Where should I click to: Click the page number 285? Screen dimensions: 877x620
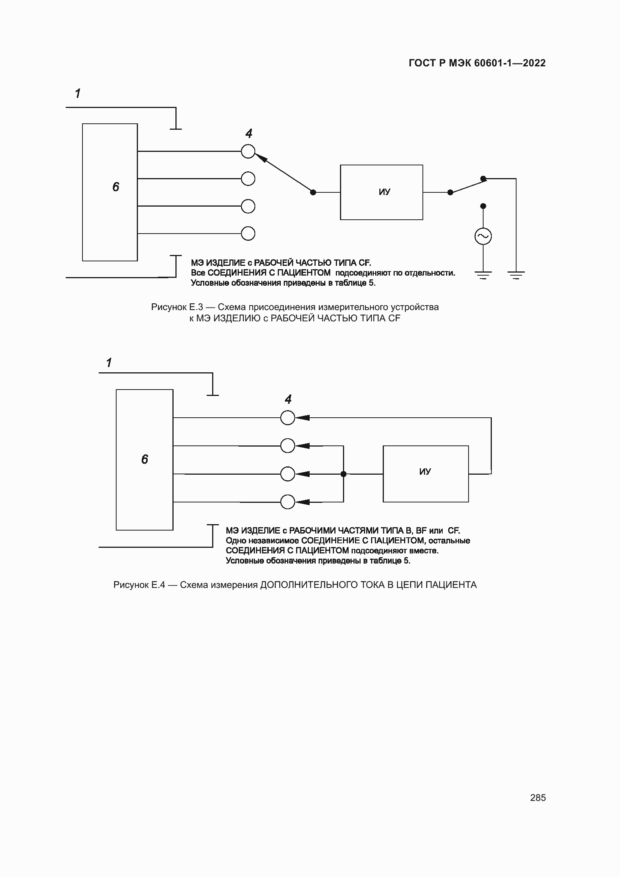[x=538, y=797]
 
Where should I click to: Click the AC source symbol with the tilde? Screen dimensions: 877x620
[x=483, y=236]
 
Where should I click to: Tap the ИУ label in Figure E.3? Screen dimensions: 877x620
[x=384, y=192]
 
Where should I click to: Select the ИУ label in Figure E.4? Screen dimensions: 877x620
[x=425, y=472]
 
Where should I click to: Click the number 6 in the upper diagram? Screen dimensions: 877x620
[x=116, y=187]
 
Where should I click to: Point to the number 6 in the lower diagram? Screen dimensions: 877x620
[x=145, y=459]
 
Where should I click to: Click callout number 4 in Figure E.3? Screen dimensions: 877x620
[x=249, y=134]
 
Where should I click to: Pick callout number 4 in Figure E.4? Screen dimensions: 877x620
[x=288, y=400]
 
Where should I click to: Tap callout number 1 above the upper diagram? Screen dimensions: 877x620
[x=78, y=94]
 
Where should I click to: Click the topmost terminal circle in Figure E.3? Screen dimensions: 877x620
[x=248, y=151]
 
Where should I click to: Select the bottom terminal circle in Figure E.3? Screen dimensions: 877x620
[x=248, y=233]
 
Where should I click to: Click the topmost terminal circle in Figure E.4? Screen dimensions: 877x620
[x=288, y=418]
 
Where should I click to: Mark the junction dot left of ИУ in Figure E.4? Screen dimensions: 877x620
[x=343, y=474]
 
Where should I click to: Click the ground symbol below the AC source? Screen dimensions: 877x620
[x=483, y=274]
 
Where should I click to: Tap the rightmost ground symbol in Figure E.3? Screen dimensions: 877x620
[x=516, y=274]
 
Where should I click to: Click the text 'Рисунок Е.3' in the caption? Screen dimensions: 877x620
[x=177, y=307]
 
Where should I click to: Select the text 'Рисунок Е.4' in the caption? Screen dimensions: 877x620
[x=139, y=585]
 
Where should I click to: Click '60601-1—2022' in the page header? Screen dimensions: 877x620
[x=510, y=63]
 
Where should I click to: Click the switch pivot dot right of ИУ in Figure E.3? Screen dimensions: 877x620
[x=450, y=192]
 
